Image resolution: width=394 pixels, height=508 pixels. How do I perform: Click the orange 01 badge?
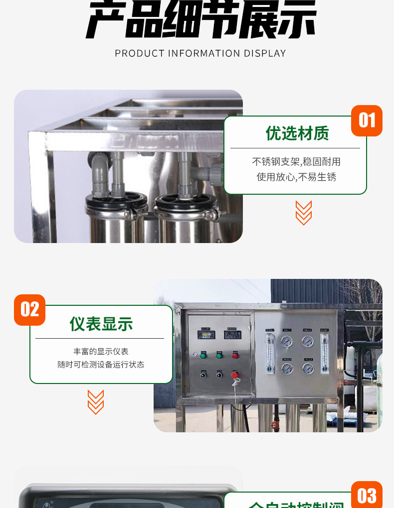pyautogui.click(x=367, y=121)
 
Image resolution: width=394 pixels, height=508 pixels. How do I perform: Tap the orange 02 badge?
pyautogui.click(x=29, y=310)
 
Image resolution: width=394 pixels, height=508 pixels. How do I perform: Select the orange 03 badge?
pyautogui.click(x=367, y=496)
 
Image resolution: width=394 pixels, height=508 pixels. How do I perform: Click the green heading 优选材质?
pyautogui.click(x=297, y=133)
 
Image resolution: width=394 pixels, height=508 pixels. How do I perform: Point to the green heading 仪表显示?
pyautogui.click(x=101, y=324)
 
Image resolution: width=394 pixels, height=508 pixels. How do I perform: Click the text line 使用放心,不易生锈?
pyautogui.click(x=296, y=177)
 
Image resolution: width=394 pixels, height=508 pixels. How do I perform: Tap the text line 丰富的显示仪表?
pyautogui.click(x=101, y=352)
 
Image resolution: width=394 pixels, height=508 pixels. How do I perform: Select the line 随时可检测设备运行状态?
pyautogui.click(x=101, y=365)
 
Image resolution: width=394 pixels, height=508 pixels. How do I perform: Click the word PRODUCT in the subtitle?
pyautogui.click(x=135, y=53)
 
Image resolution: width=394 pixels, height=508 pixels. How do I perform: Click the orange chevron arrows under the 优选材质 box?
pyautogui.click(x=303, y=213)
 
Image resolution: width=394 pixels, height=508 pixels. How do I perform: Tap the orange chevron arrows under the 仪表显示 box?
pyautogui.click(x=95, y=402)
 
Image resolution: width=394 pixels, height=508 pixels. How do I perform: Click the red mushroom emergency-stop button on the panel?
pyautogui.click(x=235, y=375)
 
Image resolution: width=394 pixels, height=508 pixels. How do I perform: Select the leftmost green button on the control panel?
pyautogui.click(x=203, y=355)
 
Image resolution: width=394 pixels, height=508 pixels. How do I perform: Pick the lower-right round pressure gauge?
pyautogui.click(x=308, y=369)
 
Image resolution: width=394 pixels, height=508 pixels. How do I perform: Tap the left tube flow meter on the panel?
pyautogui.click(x=270, y=351)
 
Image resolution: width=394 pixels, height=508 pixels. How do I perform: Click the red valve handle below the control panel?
pyautogui.click(x=273, y=425)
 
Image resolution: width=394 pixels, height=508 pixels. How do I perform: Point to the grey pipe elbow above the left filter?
pyautogui.click(x=100, y=162)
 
